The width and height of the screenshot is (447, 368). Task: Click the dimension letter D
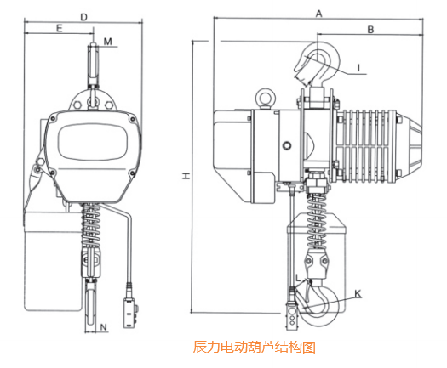tap(83, 16)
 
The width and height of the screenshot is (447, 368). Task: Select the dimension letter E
tap(59, 29)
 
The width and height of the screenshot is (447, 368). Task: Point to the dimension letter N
tap(103, 326)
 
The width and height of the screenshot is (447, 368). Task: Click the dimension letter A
tap(318, 14)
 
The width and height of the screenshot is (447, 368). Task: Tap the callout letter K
tap(358, 294)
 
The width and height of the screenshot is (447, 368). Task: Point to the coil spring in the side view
tap(323, 202)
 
